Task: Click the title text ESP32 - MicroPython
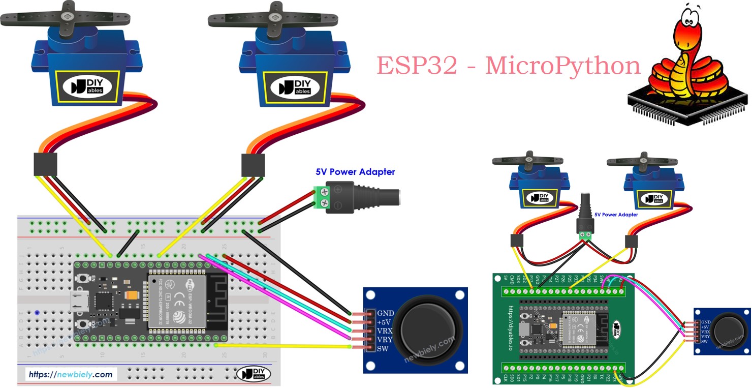[x=508, y=66]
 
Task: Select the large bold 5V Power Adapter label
[x=355, y=172]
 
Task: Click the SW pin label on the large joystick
[x=383, y=348]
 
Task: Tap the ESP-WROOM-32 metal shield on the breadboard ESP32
[x=176, y=302]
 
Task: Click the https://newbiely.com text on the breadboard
[x=71, y=375]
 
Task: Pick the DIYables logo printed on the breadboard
[x=254, y=374]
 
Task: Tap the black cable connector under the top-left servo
[x=45, y=164]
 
